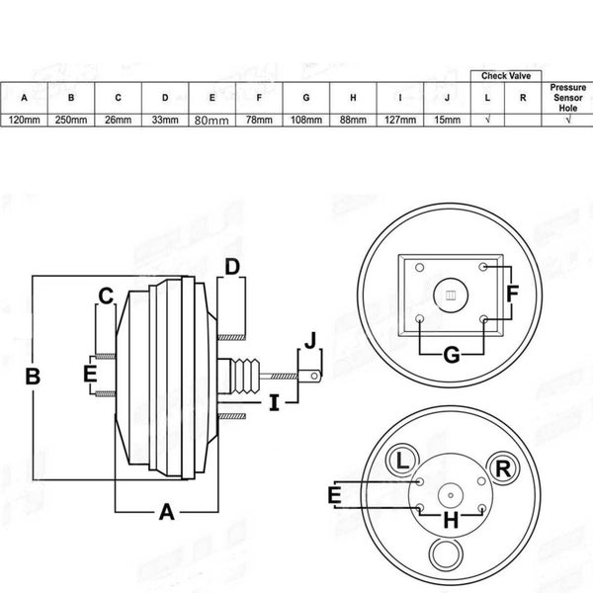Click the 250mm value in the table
pos(71,120)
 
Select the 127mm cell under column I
pos(400,120)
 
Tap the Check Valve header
pos(506,76)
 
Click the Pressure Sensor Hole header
pos(568,98)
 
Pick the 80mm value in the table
pos(212,121)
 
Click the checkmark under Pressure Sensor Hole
pos(568,120)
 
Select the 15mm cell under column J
pos(448,120)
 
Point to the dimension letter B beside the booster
pos(33,377)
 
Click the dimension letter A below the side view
pos(167,512)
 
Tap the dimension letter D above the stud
pos(232,267)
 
